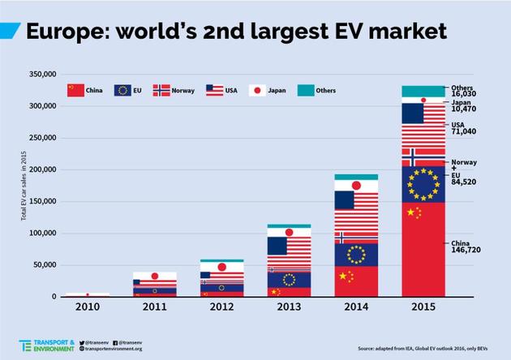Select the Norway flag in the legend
click(x=161, y=90)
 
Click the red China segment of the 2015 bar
click(x=423, y=247)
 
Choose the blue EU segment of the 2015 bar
click(x=423, y=184)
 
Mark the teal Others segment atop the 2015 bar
click(x=423, y=91)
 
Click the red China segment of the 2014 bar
click(x=358, y=280)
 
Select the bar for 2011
click(x=155, y=285)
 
